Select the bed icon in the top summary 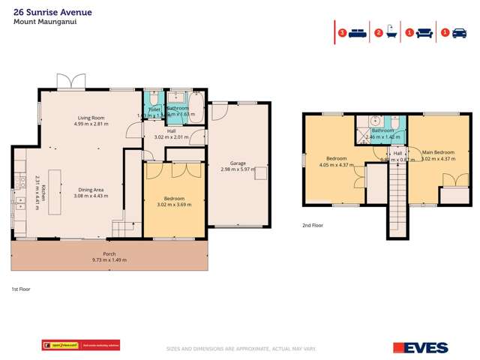pyautogui.click(x=356, y=33)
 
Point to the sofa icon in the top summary pyautogui.click(x=425, y=33)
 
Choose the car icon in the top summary pyautogui.click(x=460, y=33)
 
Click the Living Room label pyautogui.click(x=91, y=117)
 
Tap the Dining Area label pyautogui.click(x=91, y=190)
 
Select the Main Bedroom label pyautogui.click(x=437, y=152)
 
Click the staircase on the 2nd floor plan pyautogui.click(x=396, y=202)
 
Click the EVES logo pyautogui.click(x=420, y=347)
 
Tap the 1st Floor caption pyautogui.click(x=19, y=288)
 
